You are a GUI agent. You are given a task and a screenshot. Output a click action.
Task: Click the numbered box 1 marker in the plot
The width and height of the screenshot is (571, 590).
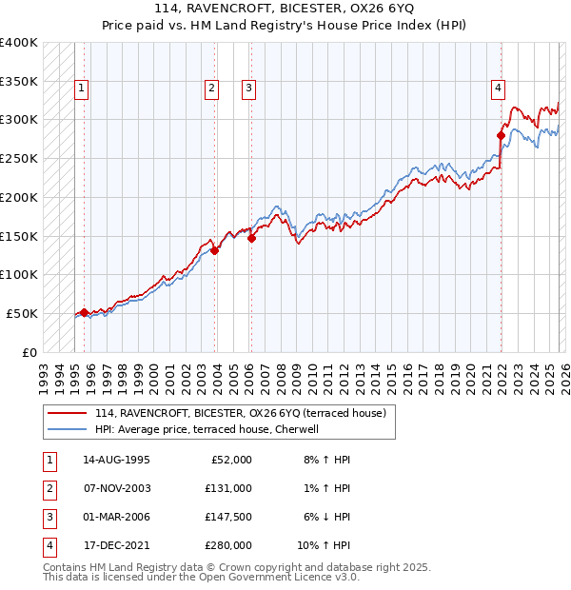pos(83,88)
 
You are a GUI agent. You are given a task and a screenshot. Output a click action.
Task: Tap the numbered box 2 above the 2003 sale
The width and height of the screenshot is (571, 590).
pos(212,88)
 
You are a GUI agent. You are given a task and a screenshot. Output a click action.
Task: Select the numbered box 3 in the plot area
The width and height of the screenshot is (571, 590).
pos(248,88)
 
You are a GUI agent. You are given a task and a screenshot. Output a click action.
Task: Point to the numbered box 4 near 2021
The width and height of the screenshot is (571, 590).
pos(498,88)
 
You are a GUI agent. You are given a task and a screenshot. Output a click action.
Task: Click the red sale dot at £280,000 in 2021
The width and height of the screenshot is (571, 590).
pos(501,135)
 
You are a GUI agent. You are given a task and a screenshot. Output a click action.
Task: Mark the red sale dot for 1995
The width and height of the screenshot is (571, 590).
pos(84,312)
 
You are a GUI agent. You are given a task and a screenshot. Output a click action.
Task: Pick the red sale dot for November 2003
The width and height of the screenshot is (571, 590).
pos(214,251)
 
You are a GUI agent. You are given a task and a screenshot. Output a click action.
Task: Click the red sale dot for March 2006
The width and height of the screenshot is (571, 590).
pos(251,239)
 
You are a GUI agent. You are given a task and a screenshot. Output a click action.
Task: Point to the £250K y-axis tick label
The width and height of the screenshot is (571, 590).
pos(19,158)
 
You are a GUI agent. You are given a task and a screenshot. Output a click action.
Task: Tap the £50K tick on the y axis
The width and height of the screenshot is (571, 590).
pos(22,313)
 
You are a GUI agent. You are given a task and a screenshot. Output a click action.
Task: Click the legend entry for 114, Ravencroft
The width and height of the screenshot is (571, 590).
pos(239,413)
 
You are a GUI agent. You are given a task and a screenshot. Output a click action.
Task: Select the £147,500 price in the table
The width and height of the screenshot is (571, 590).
pos(227,517)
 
